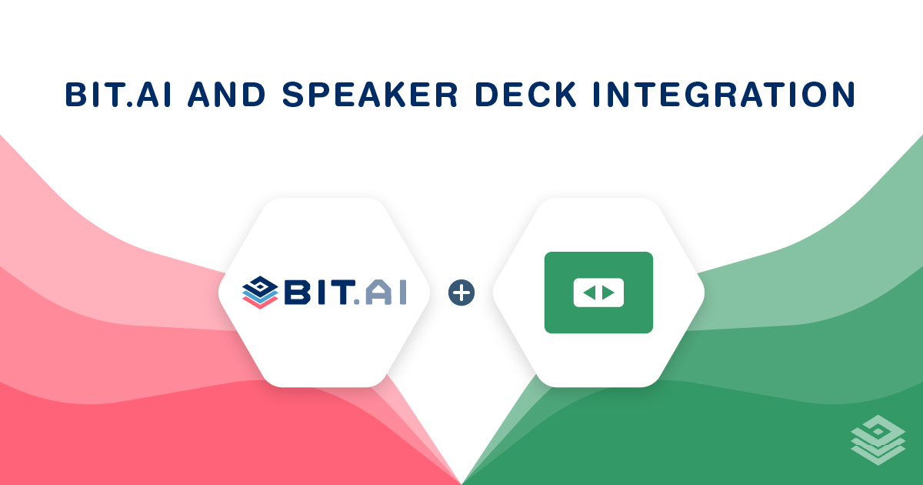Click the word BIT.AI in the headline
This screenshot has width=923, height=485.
pyautogui.click(x=118, y=95)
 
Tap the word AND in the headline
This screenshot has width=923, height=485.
pyautogui.click(x=227, y=95)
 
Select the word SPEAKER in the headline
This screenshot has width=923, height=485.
pyautogui.click(x=370, y=95)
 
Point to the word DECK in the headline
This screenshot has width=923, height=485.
pyautogui.click(x=526, y=95)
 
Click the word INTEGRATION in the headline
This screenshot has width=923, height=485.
pyautogui.click(x=725, y=95)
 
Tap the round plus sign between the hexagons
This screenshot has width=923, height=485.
pyautogui.click(x=461, y=293)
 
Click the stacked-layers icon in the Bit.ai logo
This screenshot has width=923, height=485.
pyautogui.click(x=260, y=293)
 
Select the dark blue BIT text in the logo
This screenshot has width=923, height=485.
pyautogui.click(x=320, y=293)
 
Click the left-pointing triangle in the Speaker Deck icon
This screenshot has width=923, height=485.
pyautogui.click(x=590, y=293)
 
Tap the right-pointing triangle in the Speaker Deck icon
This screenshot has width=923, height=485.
pyautogui.click(x=608, y=293)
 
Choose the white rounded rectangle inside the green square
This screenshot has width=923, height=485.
pyautogui.click(x=598, y=293)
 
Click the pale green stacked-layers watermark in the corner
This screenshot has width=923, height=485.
pyautogui.click(x=878, y=440)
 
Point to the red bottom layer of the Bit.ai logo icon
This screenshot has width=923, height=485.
pyautogui.click(x=260, y=303)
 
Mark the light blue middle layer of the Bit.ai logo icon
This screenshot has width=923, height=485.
pyautogui.click(x=260, y=296)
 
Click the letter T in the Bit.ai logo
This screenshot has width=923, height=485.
pyautogui.click(x=342, y=293)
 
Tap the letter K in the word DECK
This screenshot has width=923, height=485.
pyautogui.click(x=564, y=95)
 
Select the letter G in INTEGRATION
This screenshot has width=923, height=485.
pyautogui.click(x=700, y=95)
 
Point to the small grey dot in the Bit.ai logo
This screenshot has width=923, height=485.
pyautogui.click(x=357, y=302)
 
